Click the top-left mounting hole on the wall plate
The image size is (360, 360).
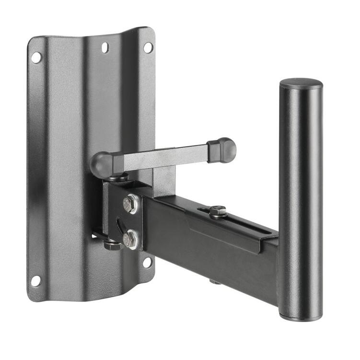pos(36,58)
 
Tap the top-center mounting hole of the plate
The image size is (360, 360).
pos(105,47)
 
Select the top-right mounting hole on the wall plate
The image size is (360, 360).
pos(148,47)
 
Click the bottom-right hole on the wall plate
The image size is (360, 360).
pos(147,263)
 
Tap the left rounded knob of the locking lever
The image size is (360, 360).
pos(102,164)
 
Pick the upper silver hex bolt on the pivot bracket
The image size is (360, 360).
pos(130,204)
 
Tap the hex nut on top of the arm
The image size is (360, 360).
pos(218,210)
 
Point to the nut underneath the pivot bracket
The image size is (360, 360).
pos(112,244)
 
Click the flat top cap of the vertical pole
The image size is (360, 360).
pos(301,83)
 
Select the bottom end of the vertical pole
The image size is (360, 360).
pos(300,316)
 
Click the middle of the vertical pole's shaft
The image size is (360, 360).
pos(301,201)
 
